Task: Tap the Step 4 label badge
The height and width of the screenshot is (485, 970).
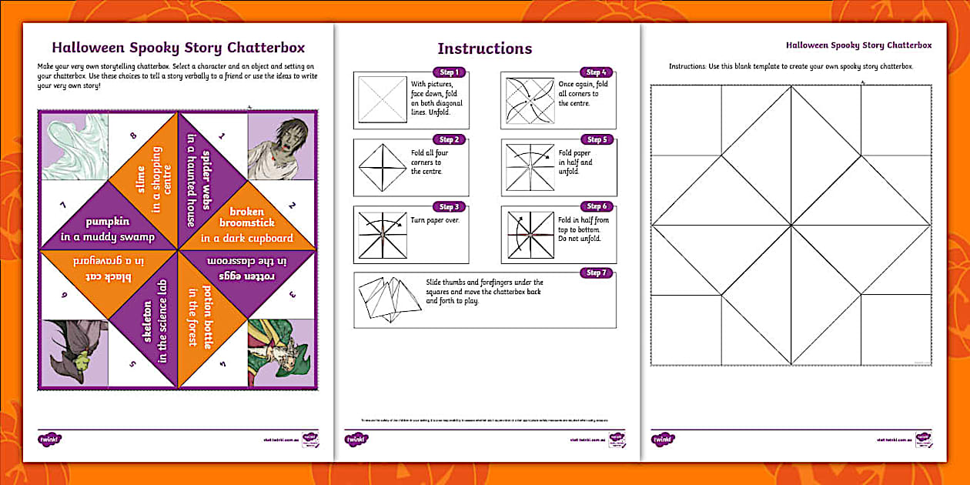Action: coord(595,72)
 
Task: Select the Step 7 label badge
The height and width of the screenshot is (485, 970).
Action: coord(595,273)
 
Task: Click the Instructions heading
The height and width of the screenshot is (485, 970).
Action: coord(484,48)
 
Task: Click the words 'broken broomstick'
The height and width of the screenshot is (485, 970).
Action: coord(246,218)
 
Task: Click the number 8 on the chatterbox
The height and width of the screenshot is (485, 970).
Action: coord(133,137)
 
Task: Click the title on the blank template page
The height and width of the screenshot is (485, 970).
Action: coord(858,45)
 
